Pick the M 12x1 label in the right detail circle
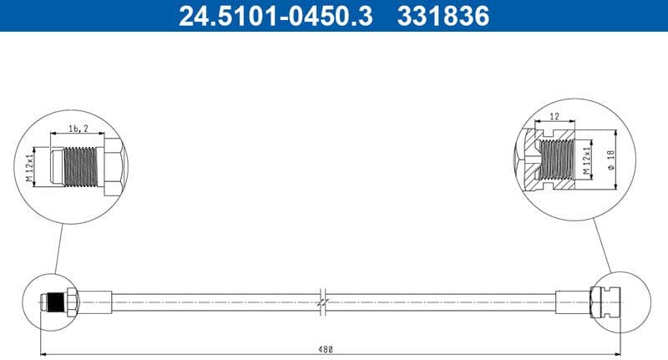point(587,157)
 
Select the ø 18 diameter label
point(610,157)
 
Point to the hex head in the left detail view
point(113,167)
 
